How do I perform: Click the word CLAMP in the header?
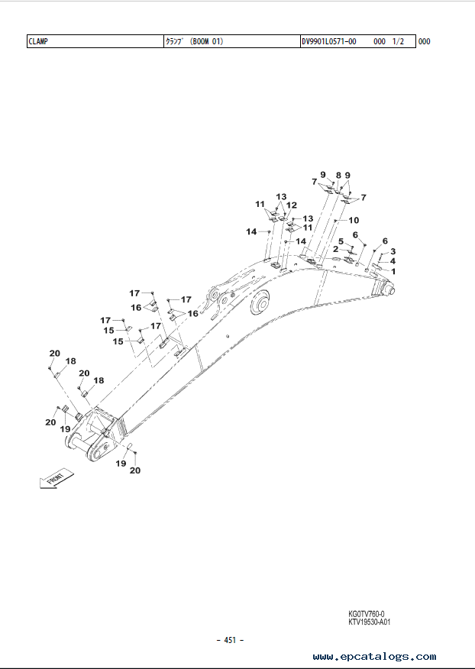pyautogui.click(x=38, y=41)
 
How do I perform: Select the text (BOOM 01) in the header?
pyautogui.click(x=206, y=41)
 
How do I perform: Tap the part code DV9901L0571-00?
pyautogui.click(x=329, y=41)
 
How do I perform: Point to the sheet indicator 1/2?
pyautogui.click(x=398, y=41)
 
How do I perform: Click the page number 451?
pyautogui.click(x=230, y=640)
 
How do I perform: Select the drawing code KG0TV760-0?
pyautogui.click(x=366, y=614)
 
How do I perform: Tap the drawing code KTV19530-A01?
pyautogui.click(x=369, y=622)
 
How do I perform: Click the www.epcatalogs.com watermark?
pyautogui.click(x=374, y=657)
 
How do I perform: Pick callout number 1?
pyautogui.click(x=393, y=271)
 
